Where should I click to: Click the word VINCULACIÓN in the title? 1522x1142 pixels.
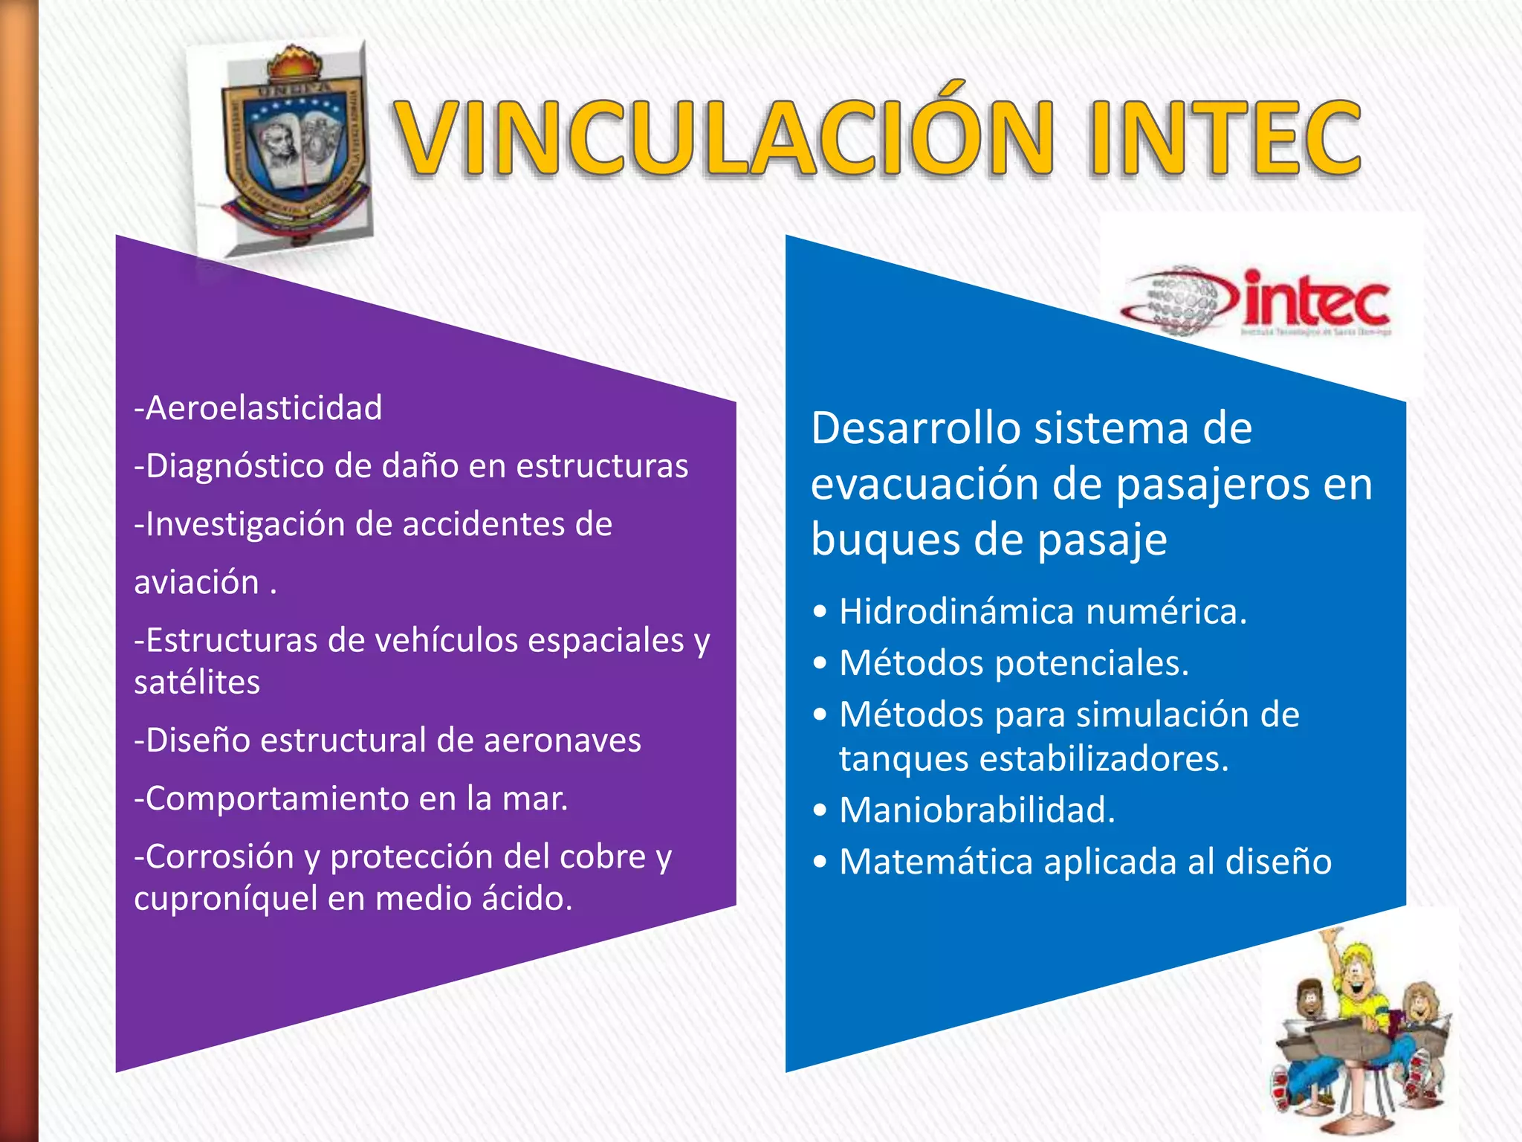point(725,138)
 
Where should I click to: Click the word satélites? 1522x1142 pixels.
point(197,683)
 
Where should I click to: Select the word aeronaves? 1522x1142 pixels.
point(563,741)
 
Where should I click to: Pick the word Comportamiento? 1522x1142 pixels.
point(271,799)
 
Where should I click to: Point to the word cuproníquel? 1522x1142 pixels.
point(225,899)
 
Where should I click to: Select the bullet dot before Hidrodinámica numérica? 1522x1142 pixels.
point(820,613)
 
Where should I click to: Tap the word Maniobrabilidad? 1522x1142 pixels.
point(977,810)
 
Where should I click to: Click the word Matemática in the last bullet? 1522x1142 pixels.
point(936,862)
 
